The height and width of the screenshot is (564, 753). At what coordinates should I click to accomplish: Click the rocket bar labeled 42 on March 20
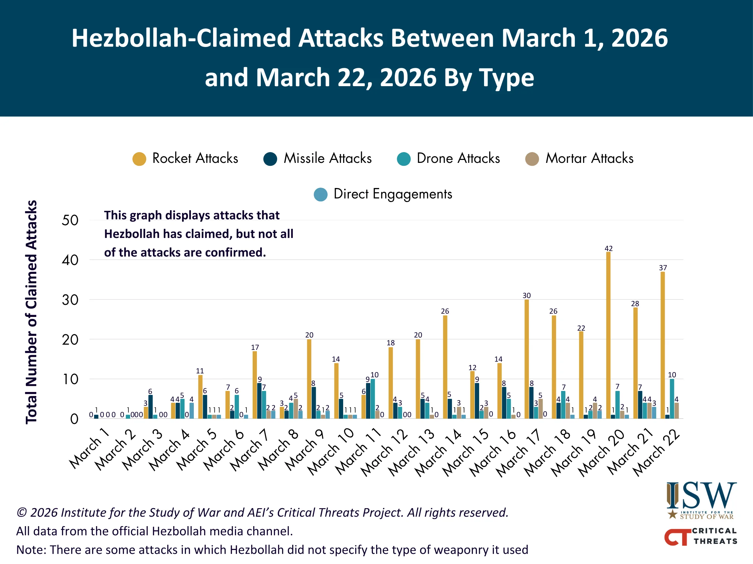point(608,335)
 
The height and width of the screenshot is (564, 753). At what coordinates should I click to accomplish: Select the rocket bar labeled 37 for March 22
point(662,345)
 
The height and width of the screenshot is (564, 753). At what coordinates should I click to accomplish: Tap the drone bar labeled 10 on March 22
point(672,399)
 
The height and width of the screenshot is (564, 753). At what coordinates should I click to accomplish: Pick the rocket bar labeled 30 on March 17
point(527,359)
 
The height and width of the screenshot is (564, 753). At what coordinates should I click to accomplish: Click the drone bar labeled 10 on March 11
point(373,399)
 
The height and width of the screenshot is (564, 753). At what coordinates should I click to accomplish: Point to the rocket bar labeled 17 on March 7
point(255,384)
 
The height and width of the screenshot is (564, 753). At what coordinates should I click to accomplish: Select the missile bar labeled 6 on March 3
point(150,407)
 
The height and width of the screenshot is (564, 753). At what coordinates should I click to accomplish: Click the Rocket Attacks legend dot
point(139,159)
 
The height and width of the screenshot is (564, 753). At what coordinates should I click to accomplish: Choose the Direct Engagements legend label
point(393,194)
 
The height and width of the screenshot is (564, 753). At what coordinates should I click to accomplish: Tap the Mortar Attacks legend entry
point(589,158)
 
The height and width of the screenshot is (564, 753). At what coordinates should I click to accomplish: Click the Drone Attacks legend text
point(458,158)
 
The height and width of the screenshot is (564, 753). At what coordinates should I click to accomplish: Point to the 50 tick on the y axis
point(70,220)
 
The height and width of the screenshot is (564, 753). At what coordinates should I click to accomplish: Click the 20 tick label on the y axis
point(70,340)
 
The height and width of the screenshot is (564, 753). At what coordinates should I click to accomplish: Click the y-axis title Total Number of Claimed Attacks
point(31,312)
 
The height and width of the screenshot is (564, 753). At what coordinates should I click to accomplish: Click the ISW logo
point(701,500)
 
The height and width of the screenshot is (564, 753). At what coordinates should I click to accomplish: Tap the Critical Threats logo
point(700,536)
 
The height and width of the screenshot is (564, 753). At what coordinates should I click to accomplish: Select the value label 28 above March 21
point(635,304)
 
